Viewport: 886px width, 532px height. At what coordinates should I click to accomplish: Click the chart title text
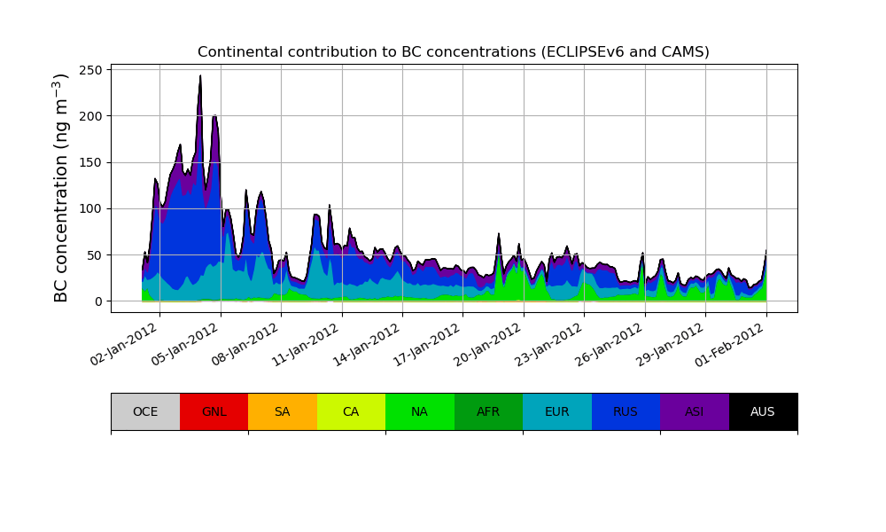453,52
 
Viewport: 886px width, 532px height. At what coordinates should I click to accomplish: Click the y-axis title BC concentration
61,188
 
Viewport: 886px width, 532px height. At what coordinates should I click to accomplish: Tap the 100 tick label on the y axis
93,208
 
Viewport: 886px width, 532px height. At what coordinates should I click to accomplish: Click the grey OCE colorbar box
145,411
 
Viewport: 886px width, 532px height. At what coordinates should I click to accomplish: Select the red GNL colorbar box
214,411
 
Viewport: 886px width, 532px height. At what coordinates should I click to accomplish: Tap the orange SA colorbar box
283,411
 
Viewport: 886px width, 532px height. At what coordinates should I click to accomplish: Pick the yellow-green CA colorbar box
351,411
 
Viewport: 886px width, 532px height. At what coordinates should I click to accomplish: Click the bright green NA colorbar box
420,411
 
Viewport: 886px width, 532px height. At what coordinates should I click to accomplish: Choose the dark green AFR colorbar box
488,411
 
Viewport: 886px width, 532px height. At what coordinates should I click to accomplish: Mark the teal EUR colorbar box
557,411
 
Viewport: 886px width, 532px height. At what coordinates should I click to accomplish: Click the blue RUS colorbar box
626,411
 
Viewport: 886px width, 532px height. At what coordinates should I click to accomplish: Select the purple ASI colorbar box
695,411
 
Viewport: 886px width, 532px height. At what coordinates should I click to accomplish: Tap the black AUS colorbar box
763,411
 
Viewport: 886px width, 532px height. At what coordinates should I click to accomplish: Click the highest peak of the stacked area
200,77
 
